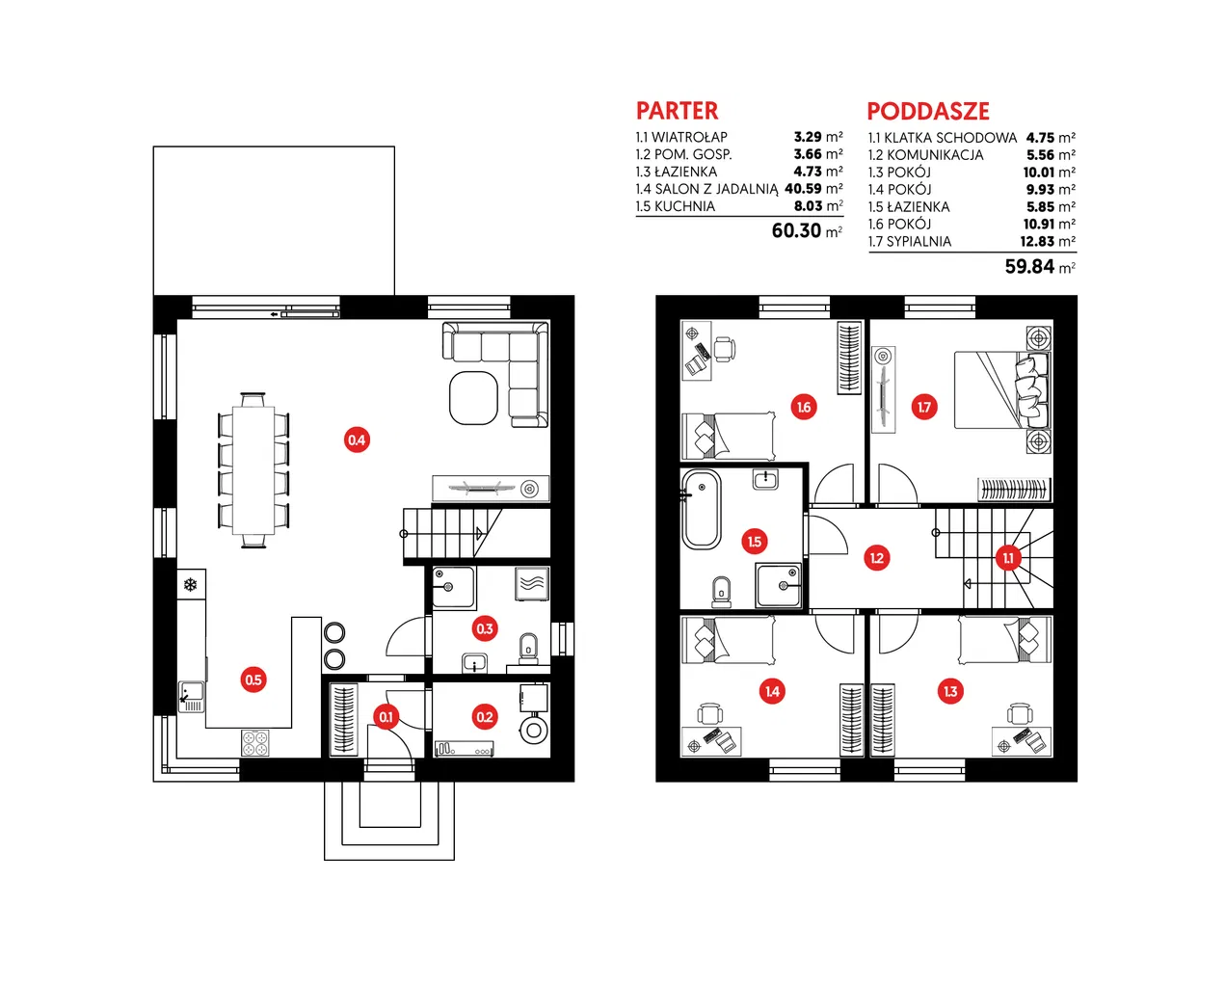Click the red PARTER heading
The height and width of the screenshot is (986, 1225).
[x=677, y=111]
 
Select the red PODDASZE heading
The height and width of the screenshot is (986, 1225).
[x=928, y=112]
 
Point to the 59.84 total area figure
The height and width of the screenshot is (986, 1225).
[x=1029, y=266]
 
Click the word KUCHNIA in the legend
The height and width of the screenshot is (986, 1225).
[x=684, y=206]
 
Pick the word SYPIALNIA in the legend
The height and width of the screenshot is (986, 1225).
[x=919, y=241]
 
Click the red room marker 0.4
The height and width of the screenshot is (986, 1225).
[x=357, y=440]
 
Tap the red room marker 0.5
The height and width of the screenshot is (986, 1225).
[x=253, y=680]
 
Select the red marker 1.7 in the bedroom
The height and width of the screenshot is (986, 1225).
[x=924, y=407]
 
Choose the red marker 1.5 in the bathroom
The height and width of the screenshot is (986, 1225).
[x=755, y=542]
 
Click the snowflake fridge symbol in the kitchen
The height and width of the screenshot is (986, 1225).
[x=190, y=584]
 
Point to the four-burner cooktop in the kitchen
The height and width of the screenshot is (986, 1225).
[x=255, y=743]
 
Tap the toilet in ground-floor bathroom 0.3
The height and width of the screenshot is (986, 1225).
[x=528, y=650]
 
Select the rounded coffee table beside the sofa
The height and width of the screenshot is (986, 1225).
[x=473, y=398]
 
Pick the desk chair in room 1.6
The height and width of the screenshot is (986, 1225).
[x=725, y=349]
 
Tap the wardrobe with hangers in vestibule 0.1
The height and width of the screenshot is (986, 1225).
[x=344, y=720]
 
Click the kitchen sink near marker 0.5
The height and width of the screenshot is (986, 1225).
[x=192, y=697]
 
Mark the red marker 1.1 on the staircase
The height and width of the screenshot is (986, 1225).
[x=1008, y=558]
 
